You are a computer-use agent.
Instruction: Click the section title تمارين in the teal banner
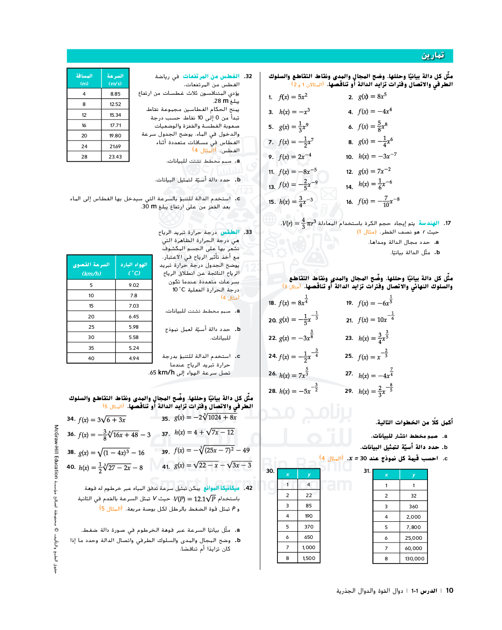tap(432, 55)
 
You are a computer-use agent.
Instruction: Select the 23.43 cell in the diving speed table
tap(115, 157)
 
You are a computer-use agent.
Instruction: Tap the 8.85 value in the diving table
tap(115, 94)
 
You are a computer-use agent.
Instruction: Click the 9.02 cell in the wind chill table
tap(134, 285)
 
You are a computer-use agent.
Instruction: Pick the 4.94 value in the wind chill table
tap(134, 358)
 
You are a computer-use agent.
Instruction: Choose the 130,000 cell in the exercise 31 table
tap(414, 559)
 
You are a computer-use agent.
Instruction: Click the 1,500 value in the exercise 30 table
tap(308, 558)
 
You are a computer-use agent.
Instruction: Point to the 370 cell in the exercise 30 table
tap(308, 527)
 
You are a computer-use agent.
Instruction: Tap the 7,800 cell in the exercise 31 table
tap(414, 527)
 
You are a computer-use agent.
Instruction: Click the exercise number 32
tap(248, 76)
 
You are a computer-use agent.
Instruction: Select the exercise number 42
tap(248, 488)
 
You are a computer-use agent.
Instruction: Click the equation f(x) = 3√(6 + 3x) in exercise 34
tap(102, 419)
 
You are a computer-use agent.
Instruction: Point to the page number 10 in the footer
tap(449, 590)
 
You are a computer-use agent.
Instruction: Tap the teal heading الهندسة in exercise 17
tap(429, 223)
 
